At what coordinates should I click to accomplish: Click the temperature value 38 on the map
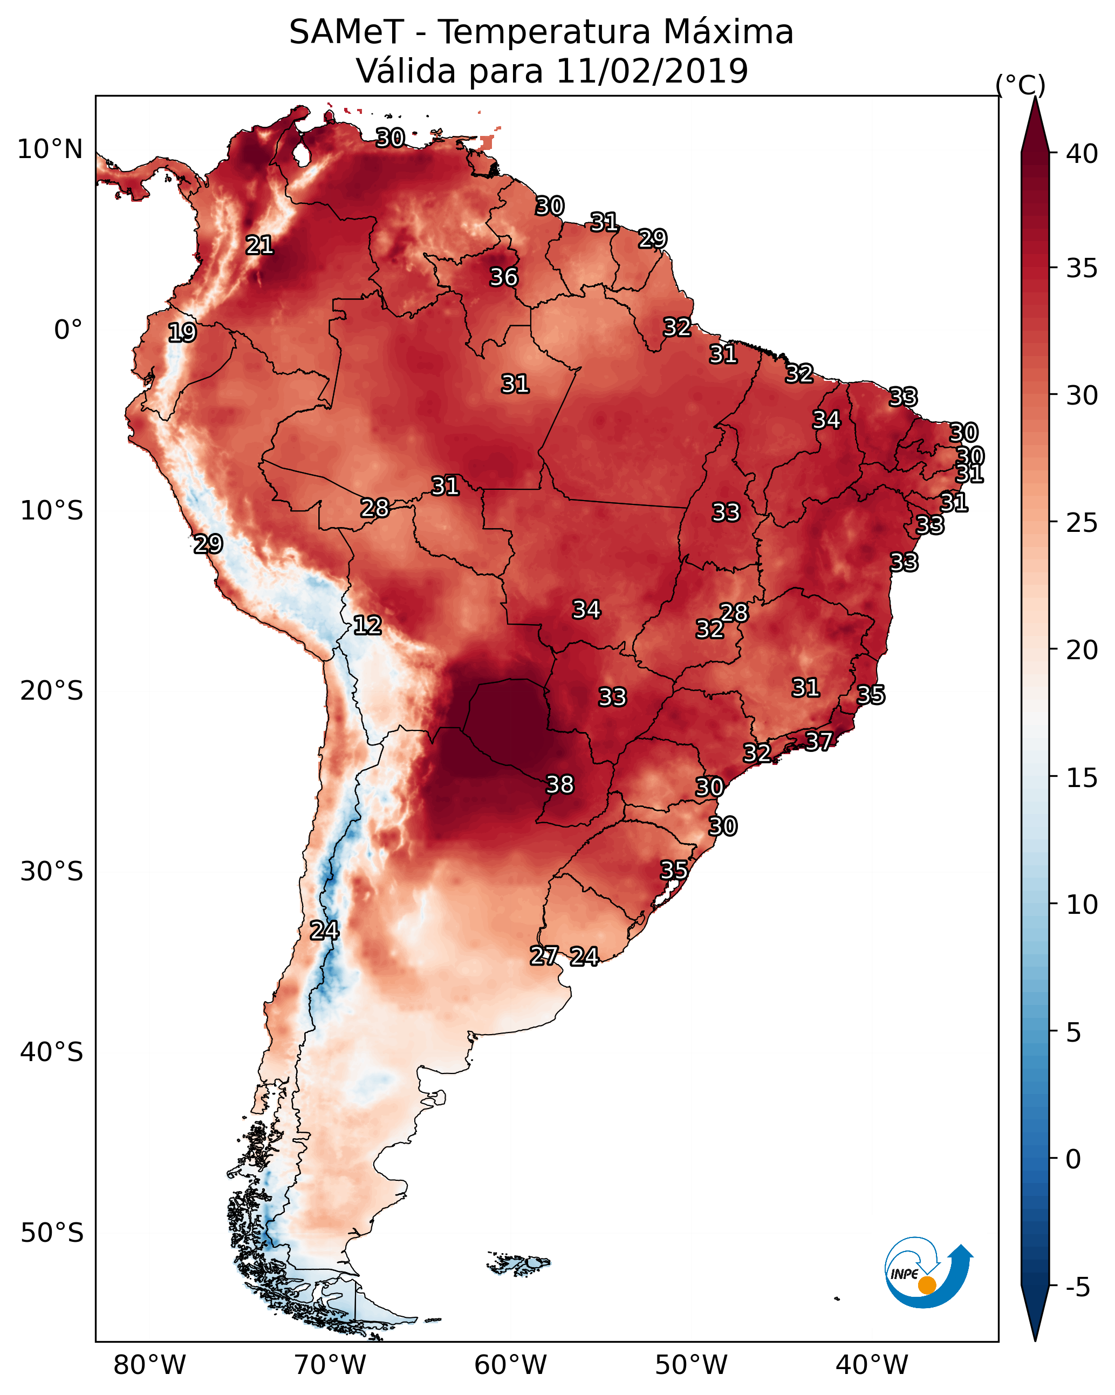pyautogui.click(x=560, y=784)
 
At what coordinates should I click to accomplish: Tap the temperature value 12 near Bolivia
pyautogui.click(x=367, y=625)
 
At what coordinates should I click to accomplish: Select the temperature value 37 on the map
pyautogui.click(x=819, y=741)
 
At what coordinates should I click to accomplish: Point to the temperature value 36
pyautogui.click(x=503, y=277)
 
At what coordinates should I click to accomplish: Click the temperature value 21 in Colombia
pyautogui.click(x=259, y=244)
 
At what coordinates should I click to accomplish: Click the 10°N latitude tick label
pyautogui.click(x=50, y=149)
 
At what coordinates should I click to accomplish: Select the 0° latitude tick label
pyautogui.click(x=69, y=330)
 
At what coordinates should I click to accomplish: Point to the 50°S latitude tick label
pyautogui.click(x=52, y=1233)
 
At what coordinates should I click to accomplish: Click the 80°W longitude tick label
pyautogui.click(x=149, y=1365)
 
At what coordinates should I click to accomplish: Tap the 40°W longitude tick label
pyautogui.click(x=872, y=1365)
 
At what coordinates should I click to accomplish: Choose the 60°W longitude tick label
pyautogui.click(x=511, y=1365)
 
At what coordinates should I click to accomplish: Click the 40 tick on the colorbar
pyautogui.click(x=1082, y=154)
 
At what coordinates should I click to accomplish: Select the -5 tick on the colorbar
pyautogui.click(x=1078, y=1288)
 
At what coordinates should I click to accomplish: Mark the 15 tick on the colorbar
pyautogui.click(x=1082, y=778)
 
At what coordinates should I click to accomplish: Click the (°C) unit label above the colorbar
pyautogui.click(x=1021, y=85)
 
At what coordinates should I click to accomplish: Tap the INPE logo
pyautogui.click(x=929, y=1273)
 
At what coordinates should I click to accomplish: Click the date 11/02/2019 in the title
pyautogui.click(x=652, y=71)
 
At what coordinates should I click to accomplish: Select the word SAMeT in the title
pyautogui.click(x=347, y=32)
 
